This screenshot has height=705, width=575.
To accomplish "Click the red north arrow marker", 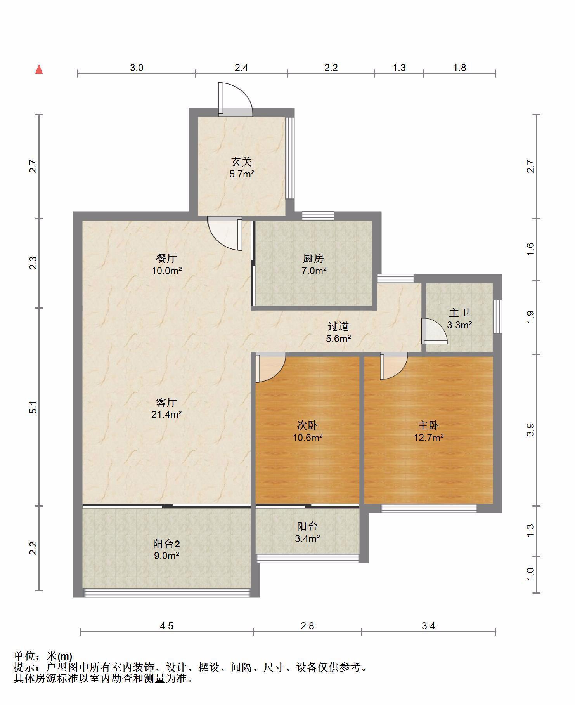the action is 39,69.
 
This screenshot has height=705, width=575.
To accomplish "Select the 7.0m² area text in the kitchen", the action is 314,271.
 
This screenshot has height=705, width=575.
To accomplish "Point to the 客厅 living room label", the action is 166,401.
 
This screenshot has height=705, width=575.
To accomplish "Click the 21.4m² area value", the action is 166,414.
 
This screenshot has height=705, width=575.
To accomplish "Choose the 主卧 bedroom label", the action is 428,425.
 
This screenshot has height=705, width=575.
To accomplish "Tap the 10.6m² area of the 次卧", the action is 308,438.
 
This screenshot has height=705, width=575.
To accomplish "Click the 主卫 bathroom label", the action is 459,313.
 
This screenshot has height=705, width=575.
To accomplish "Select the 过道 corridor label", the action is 338,326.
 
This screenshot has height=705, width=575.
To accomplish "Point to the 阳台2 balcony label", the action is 166,544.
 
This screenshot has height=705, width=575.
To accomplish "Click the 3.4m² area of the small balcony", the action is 307,538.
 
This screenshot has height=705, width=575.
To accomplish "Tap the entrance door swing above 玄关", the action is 236,99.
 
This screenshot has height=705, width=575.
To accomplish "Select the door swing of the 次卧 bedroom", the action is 271,367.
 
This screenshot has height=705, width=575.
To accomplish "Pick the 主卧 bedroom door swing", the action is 394,366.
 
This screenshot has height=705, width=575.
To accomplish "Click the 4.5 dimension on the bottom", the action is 166,626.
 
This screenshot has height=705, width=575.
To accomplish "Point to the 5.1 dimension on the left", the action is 34,407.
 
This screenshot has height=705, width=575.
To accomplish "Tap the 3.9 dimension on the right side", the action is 530,430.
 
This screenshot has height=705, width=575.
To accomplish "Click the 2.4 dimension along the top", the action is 241,68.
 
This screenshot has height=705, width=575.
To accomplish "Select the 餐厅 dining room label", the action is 166,258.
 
